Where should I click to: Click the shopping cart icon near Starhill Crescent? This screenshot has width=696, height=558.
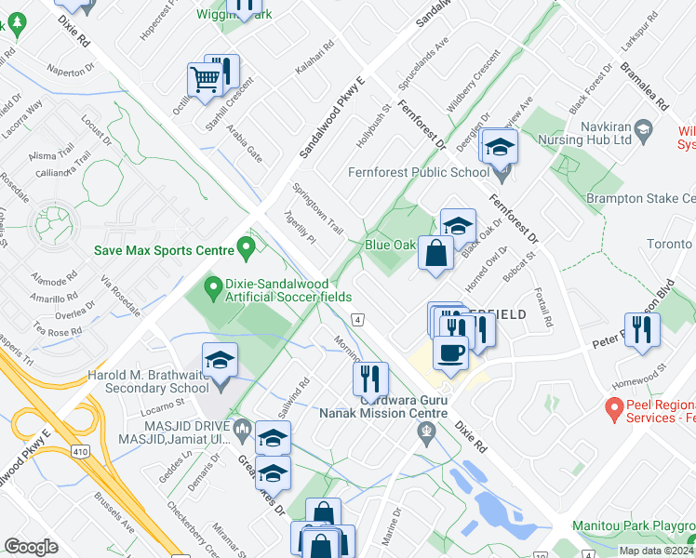pos(205,79)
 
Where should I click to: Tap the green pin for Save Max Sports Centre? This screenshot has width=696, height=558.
pos(247,248)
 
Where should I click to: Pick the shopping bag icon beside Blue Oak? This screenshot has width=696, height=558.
pos(435,253)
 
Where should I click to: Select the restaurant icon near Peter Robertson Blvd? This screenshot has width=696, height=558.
pos(642,330)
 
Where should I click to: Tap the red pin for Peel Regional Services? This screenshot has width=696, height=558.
pos(614,407)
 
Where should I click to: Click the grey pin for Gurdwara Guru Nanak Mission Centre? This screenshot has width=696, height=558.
pos(426,430)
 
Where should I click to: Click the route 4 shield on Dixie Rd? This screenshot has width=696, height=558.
pos(357,319)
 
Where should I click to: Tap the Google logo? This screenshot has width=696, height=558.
pos(32,547)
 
